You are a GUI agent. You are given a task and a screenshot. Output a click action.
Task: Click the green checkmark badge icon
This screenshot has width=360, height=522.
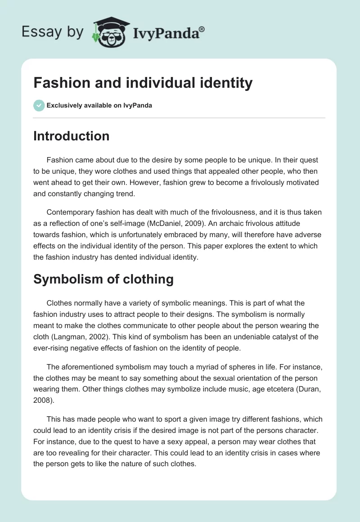point(39,105)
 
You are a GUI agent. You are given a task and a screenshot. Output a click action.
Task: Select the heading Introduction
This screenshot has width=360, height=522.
point(71,136)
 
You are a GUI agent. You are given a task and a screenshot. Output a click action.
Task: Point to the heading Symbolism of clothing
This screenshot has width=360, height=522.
point(103,279)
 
